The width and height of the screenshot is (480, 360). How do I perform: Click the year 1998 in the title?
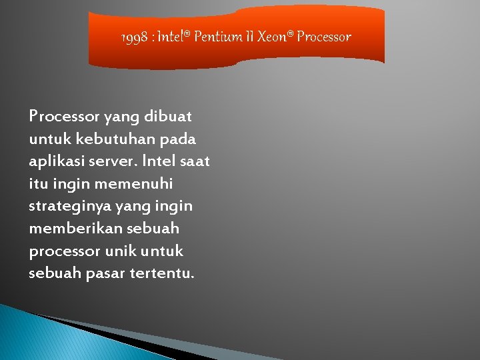pyautogui.click(x=136, y=37)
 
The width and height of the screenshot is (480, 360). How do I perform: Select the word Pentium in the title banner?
pyautogui.click(x=218, y=37)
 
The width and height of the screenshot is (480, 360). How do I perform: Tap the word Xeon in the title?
pyautogui.click(x=275, y=37)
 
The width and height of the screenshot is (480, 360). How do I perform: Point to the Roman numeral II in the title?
pyautogui.click(x=251, y=37)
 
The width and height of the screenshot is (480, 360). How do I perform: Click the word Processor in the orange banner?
pyautogui.click(x=324, y=37)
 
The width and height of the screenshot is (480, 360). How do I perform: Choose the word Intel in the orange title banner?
pyautogui.click(x=174, y=37)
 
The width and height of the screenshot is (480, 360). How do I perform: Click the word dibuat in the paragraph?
pyautogui.click(x=170, y=117)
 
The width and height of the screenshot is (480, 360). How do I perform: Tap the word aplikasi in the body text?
pyautogui.click(x=58, y=162)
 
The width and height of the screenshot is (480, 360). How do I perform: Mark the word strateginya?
pyautogui.click(x=69, y=207)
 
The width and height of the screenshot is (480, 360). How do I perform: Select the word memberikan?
pyautogui.click(x=73, y=229)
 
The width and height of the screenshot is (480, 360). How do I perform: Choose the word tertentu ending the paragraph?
pyautogui.click(x=164, y=274)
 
